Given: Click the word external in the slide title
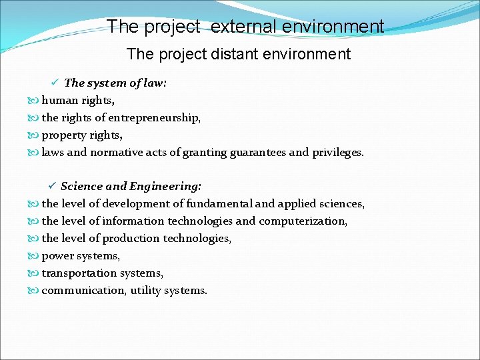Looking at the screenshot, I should click(244, 27).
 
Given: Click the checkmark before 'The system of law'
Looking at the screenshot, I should click(56, 83).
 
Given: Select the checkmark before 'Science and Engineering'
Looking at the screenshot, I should click(53, 186).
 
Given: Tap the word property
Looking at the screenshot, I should click(64, 135).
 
